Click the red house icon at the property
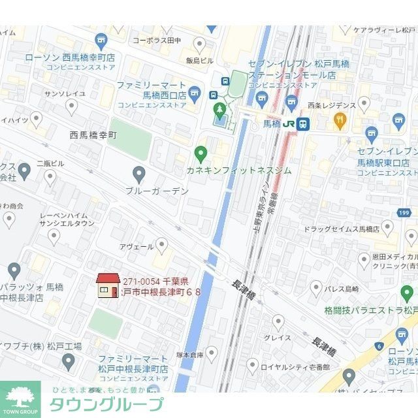click(x=108, y=285)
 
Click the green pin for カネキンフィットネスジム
click(x=201, y=154)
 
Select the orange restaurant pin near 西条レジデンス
click(x=339, y=120)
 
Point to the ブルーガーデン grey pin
click(x=138, y=174)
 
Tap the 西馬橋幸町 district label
click(x=93, y=135)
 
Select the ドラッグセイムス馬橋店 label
click(x=342, y=229)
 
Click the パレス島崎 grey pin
click(x=316, y=287)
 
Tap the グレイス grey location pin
click(x=279, y=321)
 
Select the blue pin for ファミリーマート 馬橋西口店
click(x=195, y=91)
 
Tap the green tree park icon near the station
click(x=219, y=108)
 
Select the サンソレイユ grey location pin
click(x=72, y=106)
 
